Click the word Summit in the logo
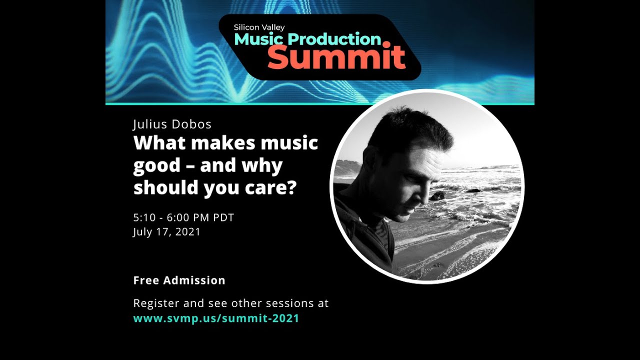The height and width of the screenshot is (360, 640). [336, 57]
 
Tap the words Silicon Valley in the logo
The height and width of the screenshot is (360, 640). [259, 27]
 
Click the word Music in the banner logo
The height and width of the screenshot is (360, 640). [259, 39]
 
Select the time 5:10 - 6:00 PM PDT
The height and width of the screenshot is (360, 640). [183, 217]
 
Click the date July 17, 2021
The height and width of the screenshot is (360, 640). [166, 232]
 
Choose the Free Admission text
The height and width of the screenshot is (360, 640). [179, 280]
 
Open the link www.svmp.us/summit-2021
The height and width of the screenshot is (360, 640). [216, 318]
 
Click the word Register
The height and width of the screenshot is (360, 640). [154, 303]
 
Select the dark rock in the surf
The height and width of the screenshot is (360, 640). [437, 196]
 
